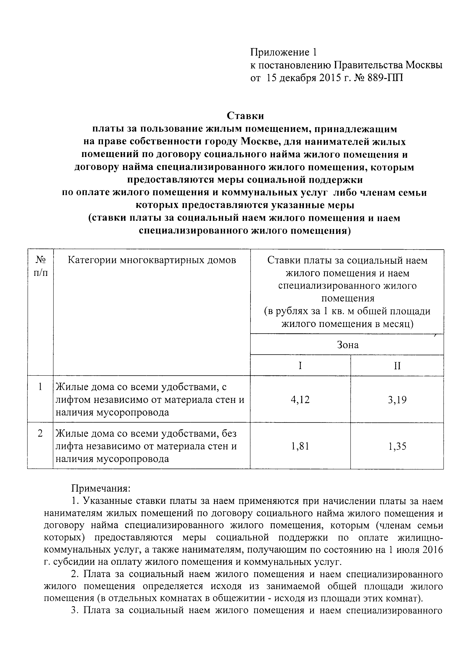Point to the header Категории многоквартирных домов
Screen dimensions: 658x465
click(152, 261)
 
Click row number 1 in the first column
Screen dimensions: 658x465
click(40, 387)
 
